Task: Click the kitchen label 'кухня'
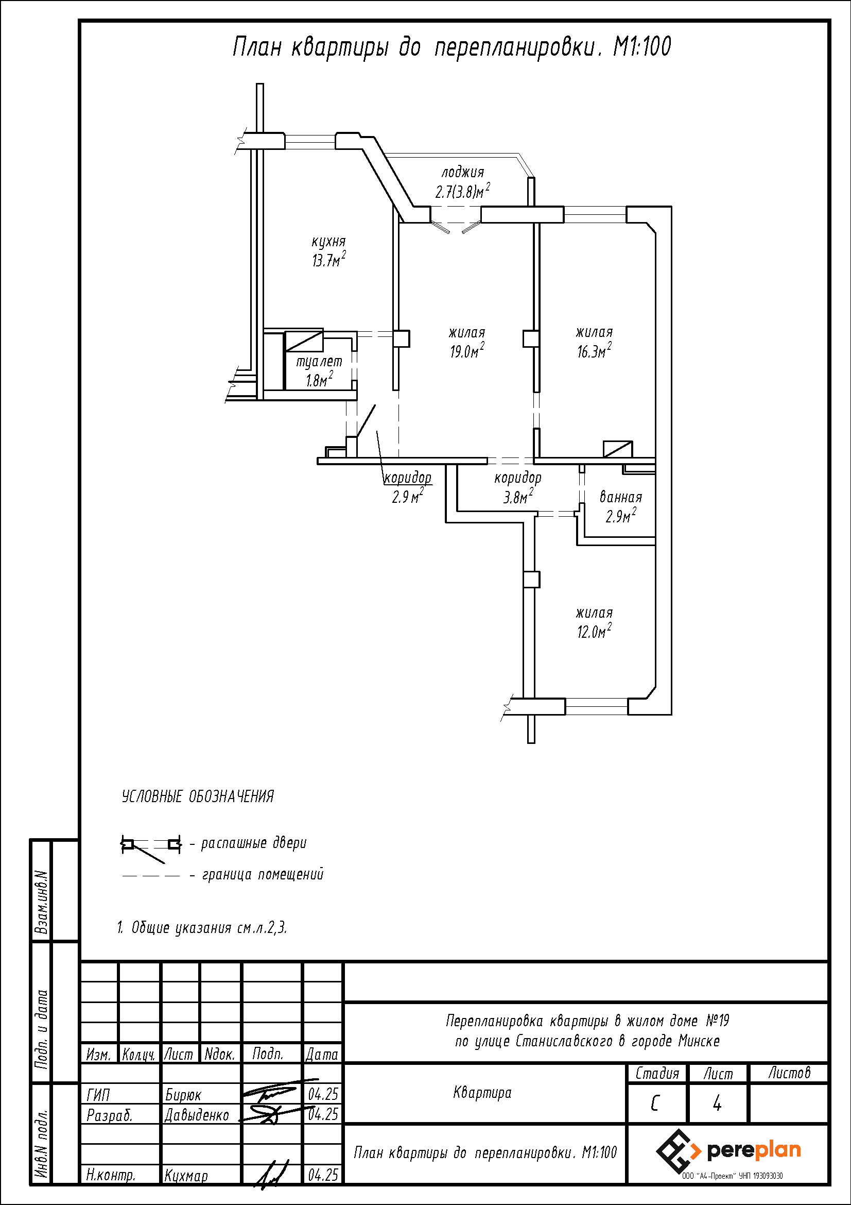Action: point(329,242)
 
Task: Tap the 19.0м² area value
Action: point(466,350)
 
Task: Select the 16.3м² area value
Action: point(594,350)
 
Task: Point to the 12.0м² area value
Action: point(594,630)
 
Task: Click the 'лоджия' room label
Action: point(462,172)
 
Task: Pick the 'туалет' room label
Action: point(319,362)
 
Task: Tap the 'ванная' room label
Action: point(621,497)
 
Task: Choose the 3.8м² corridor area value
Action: point(518,496)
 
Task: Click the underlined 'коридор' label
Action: point(407,478)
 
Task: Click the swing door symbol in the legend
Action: point(151,846)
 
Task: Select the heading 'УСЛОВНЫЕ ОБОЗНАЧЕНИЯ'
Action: point(198,796)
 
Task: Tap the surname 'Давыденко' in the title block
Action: point(197,1115)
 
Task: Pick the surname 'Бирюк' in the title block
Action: point(183,1095)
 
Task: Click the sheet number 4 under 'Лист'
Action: point(717,1104)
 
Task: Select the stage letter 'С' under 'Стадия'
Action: point(654,1104)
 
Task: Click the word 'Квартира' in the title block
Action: point(482,1093)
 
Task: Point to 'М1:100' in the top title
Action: point(642,47)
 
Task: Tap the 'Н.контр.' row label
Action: point(111,1175)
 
